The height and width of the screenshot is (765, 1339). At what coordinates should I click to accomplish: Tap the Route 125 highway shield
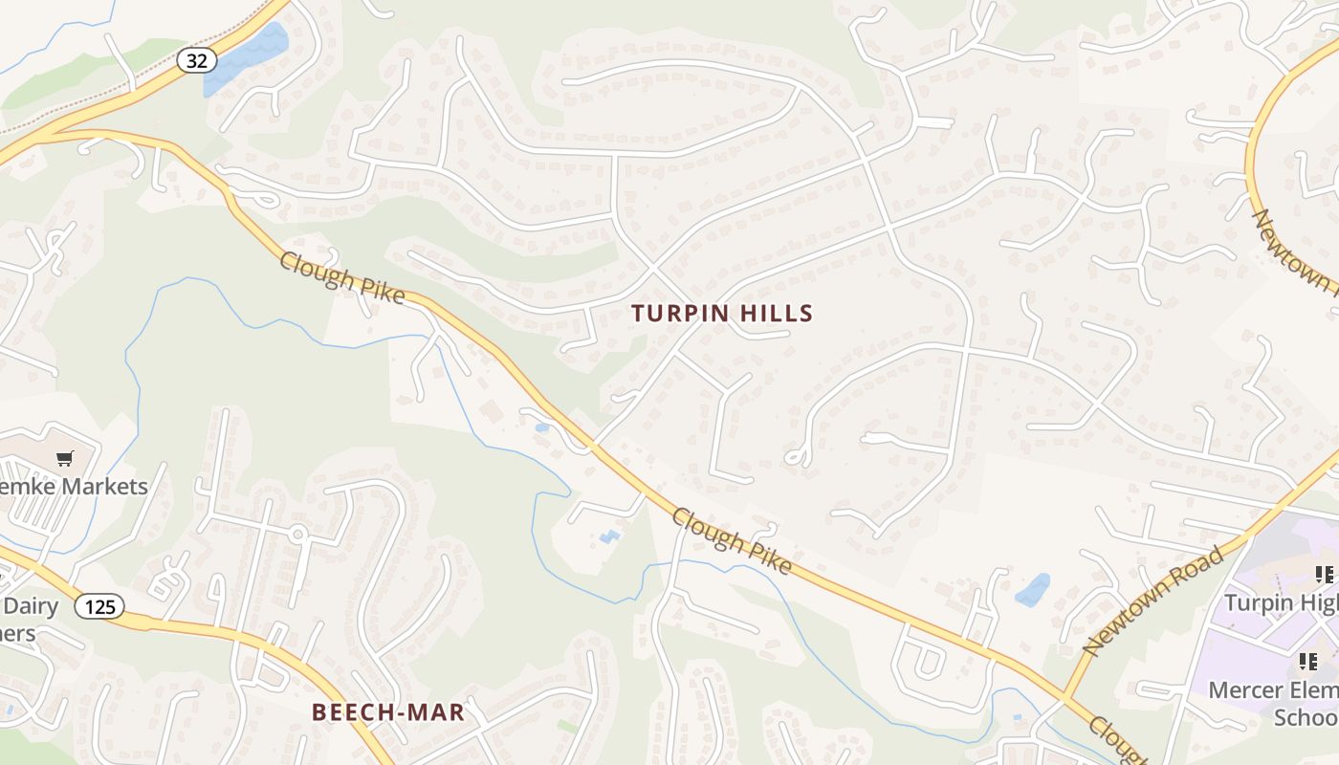click(x=99, y=606)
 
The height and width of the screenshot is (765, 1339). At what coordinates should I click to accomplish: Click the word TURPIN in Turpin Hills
click(x=680, y=314)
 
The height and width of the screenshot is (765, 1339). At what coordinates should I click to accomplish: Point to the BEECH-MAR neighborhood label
click(x=388, y=712)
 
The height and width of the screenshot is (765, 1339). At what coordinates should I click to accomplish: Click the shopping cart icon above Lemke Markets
click(x=64, y=459)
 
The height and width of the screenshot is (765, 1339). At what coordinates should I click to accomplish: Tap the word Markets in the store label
click(x=105, y=487)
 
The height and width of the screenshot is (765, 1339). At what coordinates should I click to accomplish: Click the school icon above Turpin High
click(x=1324, y=575)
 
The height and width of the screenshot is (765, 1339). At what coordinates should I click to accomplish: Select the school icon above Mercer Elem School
click(x=1307, y=662)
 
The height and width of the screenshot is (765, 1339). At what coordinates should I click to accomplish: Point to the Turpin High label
click(x=1282, y=602)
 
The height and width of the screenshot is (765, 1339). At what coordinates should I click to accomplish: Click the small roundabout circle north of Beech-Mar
click(x=297, y=534)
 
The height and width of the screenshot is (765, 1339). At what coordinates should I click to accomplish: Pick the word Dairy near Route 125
click(x=31, y=606)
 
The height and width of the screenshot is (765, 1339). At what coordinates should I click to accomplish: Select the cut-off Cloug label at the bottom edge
click(x=1114, y=741)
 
